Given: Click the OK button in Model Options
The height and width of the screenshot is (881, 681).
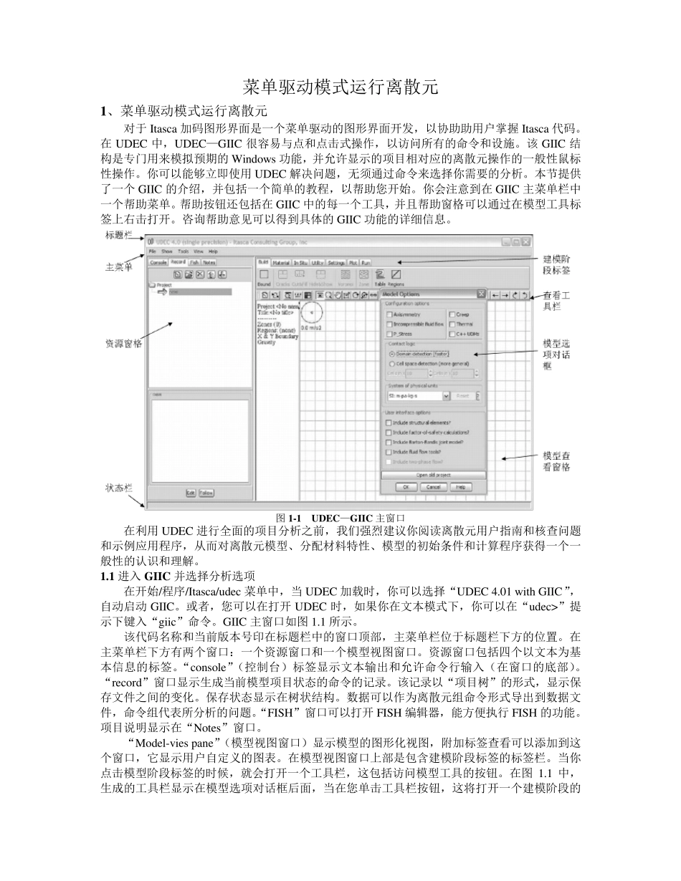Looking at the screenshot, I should pos(406,487).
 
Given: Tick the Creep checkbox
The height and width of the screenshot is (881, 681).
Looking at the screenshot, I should pos(452,314).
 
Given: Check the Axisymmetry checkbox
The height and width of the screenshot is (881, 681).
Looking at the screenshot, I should pos(390,314).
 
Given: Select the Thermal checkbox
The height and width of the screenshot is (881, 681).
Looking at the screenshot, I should pos(452,324).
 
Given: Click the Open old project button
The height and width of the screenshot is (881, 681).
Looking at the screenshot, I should pos(433,475).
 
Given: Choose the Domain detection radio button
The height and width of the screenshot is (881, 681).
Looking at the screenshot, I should pos(391,354).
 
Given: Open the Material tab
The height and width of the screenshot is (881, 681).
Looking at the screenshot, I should pos(281,263).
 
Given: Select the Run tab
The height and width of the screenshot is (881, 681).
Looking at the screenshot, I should pos(366,263).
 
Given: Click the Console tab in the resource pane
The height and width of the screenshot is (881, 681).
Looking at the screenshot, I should pos(158,263).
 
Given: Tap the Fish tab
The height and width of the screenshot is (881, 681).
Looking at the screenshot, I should pos(194,263).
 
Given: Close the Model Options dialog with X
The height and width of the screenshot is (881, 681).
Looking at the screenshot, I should pos(481,294).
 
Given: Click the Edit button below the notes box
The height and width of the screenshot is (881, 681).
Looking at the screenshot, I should pos(191,493).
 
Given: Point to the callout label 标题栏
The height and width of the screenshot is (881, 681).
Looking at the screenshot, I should pos(119,235).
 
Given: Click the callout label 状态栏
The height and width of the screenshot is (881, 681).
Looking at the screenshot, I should pos(119,488).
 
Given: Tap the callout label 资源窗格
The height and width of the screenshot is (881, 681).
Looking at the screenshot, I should pos(123,343).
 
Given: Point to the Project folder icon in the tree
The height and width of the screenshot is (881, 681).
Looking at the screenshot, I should pos(151,284).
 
